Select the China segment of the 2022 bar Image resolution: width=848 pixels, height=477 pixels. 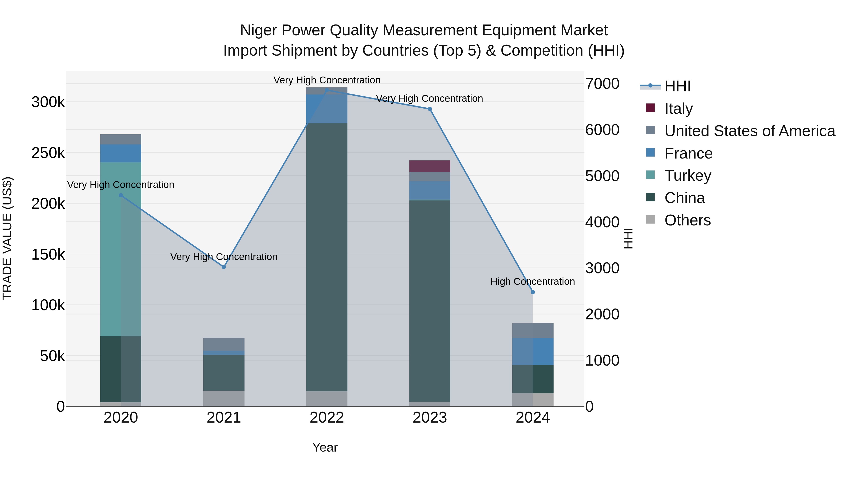click(326, 257)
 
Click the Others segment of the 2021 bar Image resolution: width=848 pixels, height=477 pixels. click(224, 398)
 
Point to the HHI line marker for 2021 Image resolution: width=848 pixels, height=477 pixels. click(224, 267)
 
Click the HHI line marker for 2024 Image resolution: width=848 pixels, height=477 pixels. click(533, 292)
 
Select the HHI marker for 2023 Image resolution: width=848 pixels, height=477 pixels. click(430, 109)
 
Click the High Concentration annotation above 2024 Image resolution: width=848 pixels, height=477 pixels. click(532, 281)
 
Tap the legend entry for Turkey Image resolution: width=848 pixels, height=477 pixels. click(688, 175)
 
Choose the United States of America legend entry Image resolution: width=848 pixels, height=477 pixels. click(750, 131)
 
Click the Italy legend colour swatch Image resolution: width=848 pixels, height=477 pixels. click(650, 108)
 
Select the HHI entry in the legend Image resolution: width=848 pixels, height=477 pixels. click(677, 86)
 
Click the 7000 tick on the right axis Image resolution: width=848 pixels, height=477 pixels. click(602, 84)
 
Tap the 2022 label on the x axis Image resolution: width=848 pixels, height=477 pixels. click(326, 418)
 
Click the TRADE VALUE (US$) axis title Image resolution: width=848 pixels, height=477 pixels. click(7, 238)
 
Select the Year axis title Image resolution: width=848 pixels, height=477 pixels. click(325, 447)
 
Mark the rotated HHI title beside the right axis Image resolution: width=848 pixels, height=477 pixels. click(628, 238)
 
